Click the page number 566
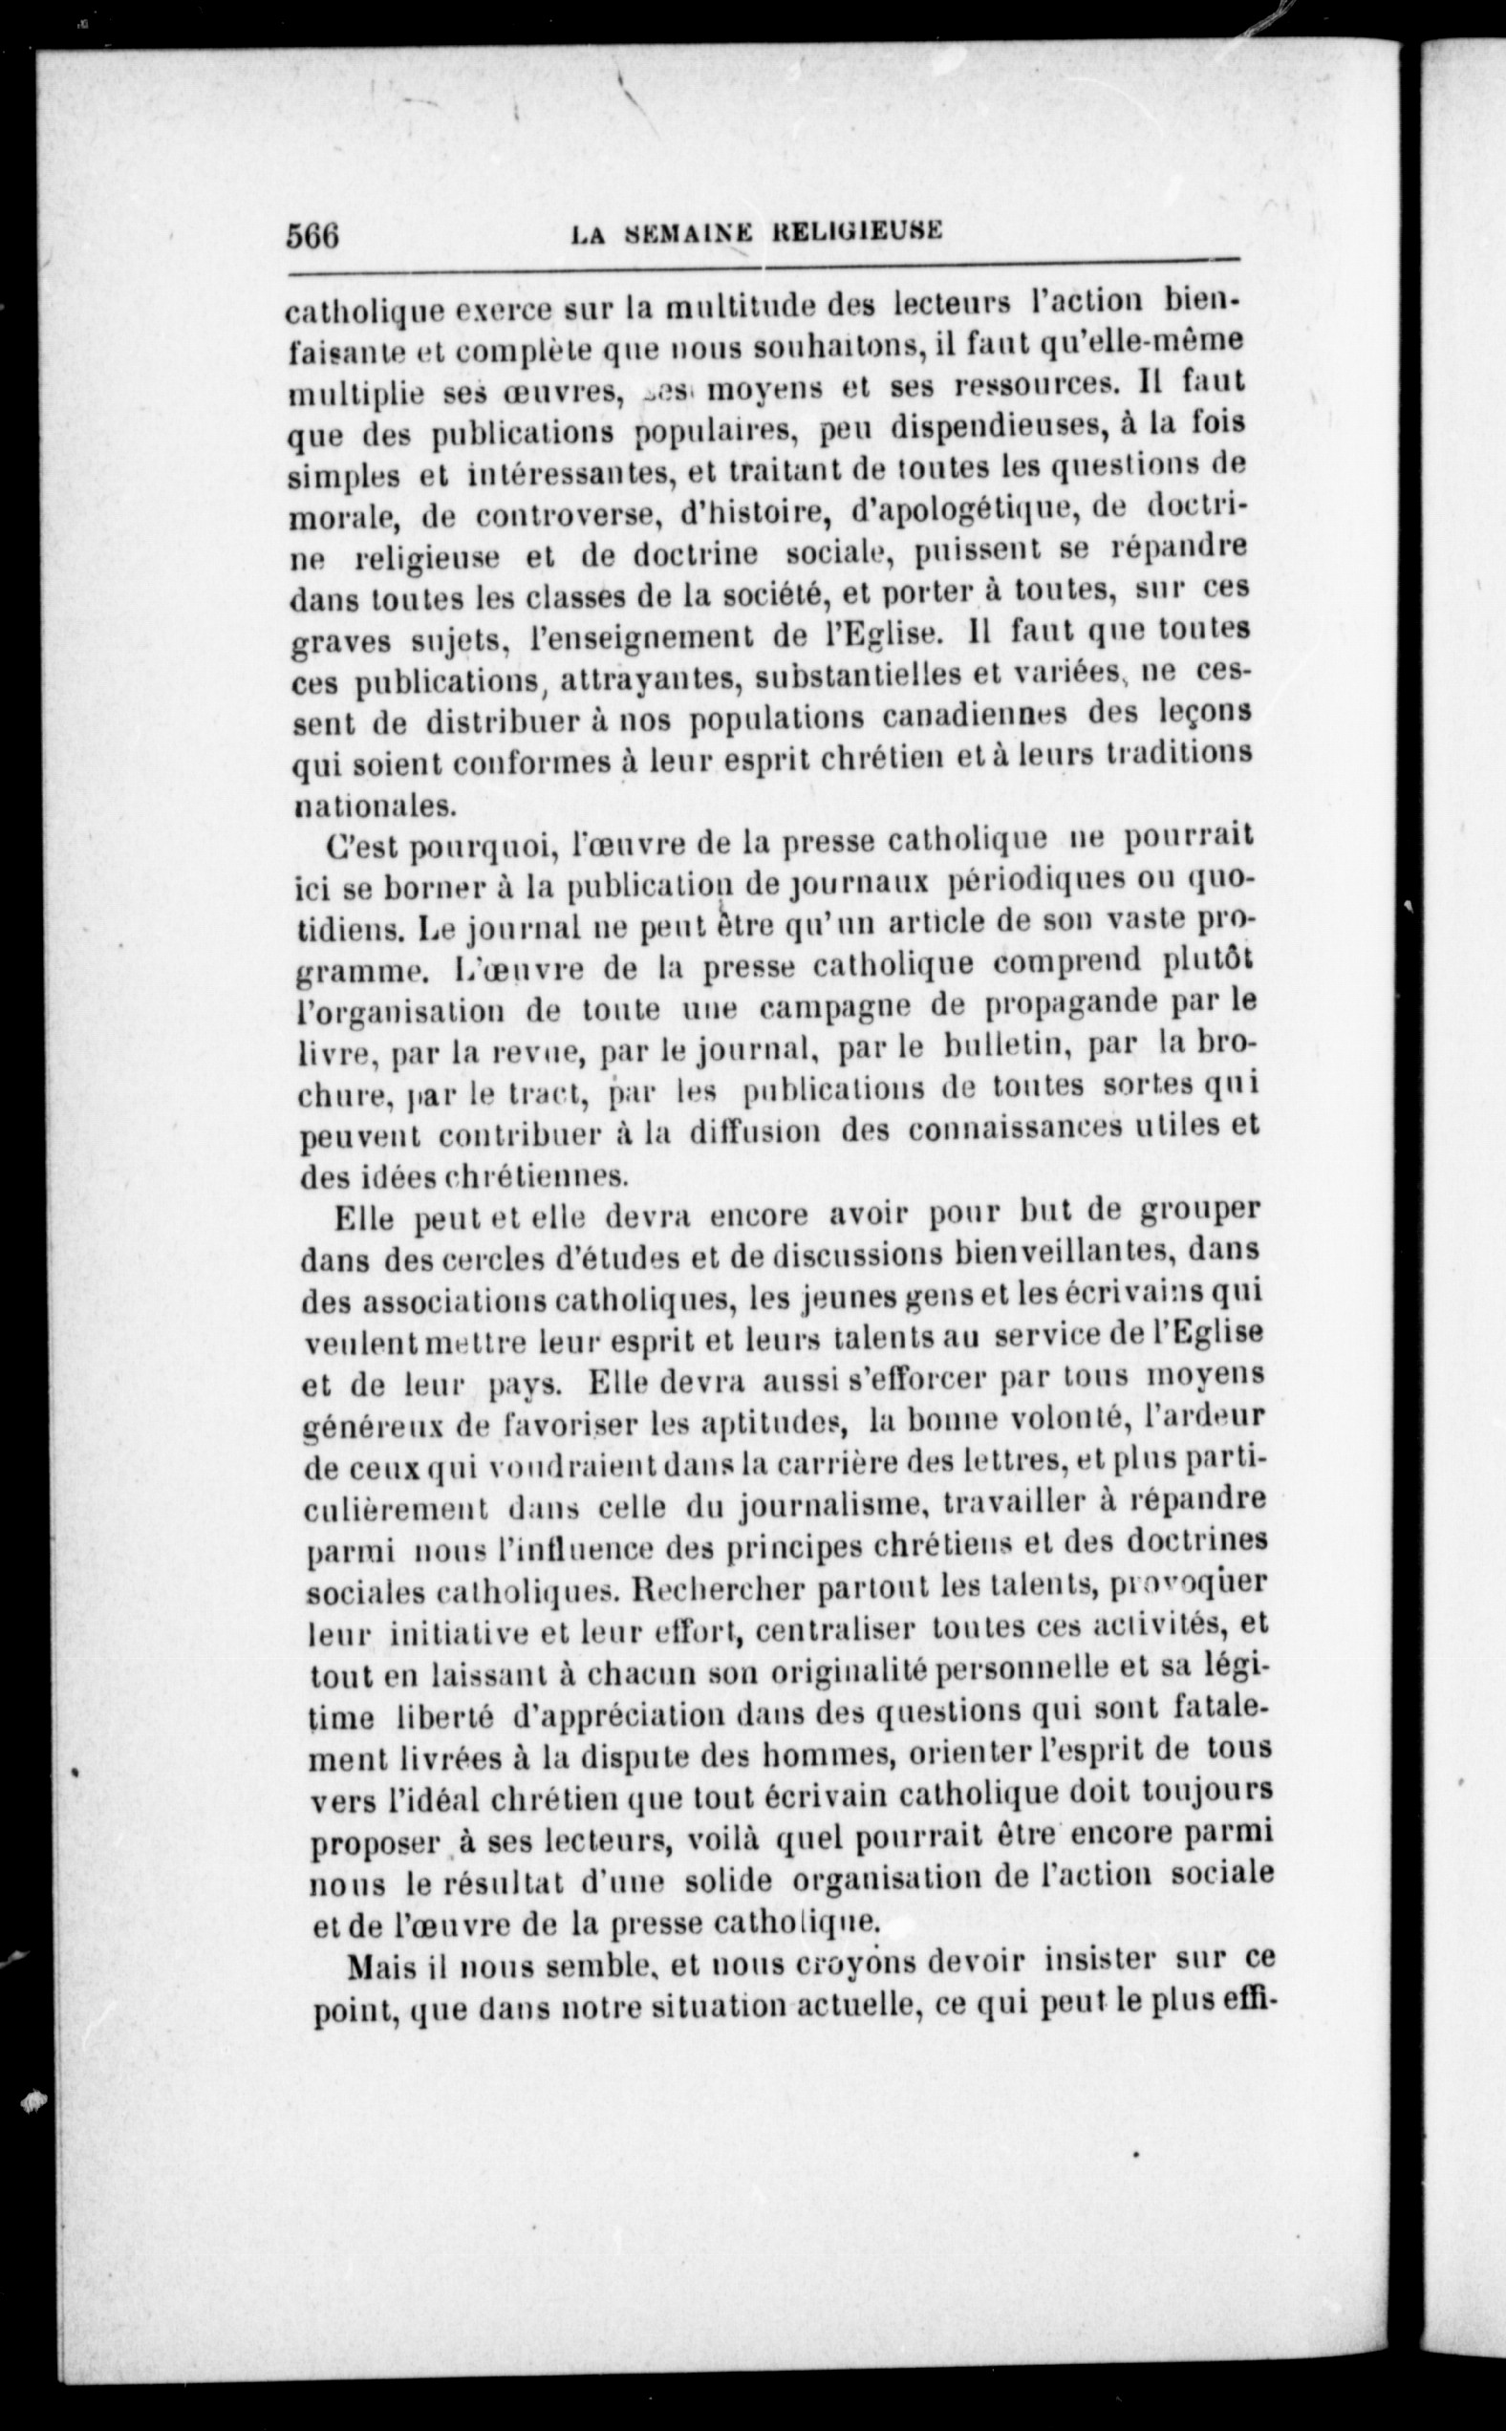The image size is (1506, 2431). point(313,237)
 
